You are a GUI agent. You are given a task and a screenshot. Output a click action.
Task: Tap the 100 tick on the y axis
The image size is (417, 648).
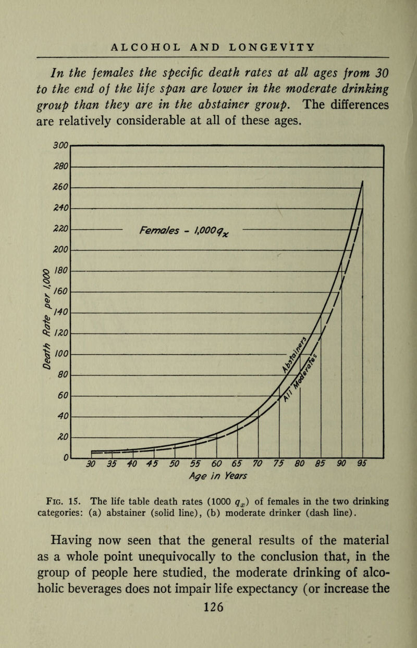60,353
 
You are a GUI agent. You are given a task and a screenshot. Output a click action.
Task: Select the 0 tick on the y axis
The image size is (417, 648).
65,457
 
